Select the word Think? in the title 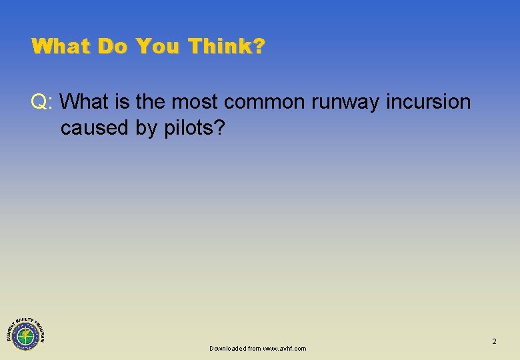(227, 47)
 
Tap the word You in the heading (159, 47)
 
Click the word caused (95, 128)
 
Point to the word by (147, 128)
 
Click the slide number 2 (494, 341)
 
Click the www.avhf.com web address (285, 349)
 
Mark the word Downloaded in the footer (227, 349)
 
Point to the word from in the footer (254, 349)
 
